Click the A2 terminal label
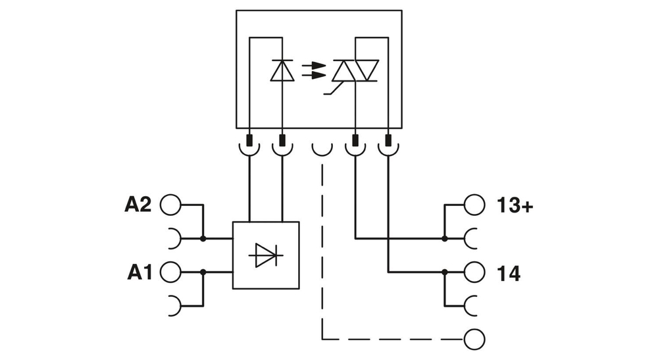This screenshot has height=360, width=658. tap(138, 205)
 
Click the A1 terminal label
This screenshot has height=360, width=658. tap(139, 272)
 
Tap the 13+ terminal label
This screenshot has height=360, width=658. tap(515, 206)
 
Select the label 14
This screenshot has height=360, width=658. tap(507, 273)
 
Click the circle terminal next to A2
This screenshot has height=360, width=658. tap(170, 205)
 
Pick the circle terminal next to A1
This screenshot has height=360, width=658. tap(170, 272)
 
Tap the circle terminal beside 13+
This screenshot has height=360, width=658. tap(474, 205)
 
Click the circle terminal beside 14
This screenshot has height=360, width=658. tap(474, 272)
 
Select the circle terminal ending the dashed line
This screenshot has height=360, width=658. tap(474, 340)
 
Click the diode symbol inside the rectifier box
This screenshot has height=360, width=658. tap(266, 255)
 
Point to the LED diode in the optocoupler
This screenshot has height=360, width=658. tap(282, 70)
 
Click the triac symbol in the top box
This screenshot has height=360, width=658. tap(355, 70)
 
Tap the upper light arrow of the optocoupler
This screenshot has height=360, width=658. tap(315, 65)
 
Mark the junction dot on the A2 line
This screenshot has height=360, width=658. tap(203, 238)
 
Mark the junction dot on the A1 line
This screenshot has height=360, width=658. tap(203, 272)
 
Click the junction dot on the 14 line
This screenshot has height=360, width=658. tap(445, 272)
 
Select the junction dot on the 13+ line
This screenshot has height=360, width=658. tap(445, 238)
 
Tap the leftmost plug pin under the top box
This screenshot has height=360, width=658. tap(250, 140)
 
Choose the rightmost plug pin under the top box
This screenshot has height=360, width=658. tap(388, 140)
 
